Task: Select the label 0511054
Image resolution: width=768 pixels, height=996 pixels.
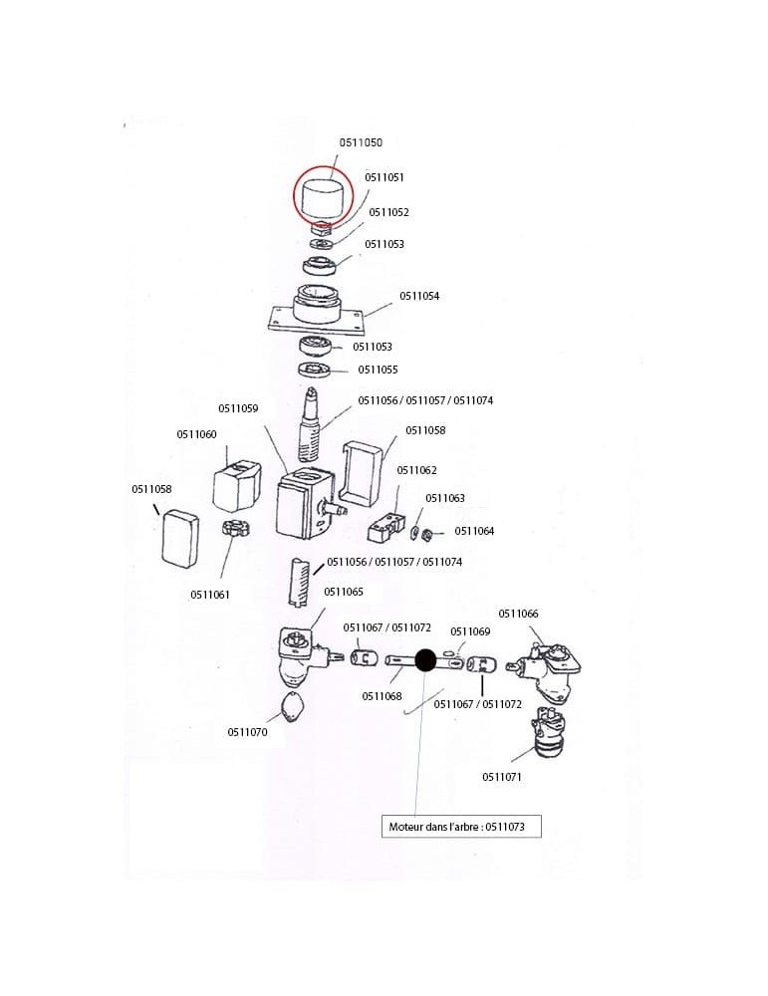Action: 419,296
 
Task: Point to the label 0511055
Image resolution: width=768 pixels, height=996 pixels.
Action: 378,370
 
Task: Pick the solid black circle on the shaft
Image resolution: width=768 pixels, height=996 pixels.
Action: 425,660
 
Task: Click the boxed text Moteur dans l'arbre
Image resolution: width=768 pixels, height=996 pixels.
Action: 461,826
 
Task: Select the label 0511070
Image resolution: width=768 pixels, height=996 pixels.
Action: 247,732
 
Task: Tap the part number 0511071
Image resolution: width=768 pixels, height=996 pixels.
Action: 502,776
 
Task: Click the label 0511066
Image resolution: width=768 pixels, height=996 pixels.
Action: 518,613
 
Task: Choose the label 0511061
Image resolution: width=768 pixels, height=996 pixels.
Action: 210,595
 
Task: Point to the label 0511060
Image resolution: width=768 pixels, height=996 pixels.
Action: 196,434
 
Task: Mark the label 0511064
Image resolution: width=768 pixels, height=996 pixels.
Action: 474,531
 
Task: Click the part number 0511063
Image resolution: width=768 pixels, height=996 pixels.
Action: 445,498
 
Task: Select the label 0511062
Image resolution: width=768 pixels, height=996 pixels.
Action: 416,470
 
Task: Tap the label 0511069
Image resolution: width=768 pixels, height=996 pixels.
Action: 470,631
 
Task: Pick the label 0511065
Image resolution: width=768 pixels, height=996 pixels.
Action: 344,592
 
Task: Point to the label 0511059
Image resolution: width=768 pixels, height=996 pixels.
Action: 238,408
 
